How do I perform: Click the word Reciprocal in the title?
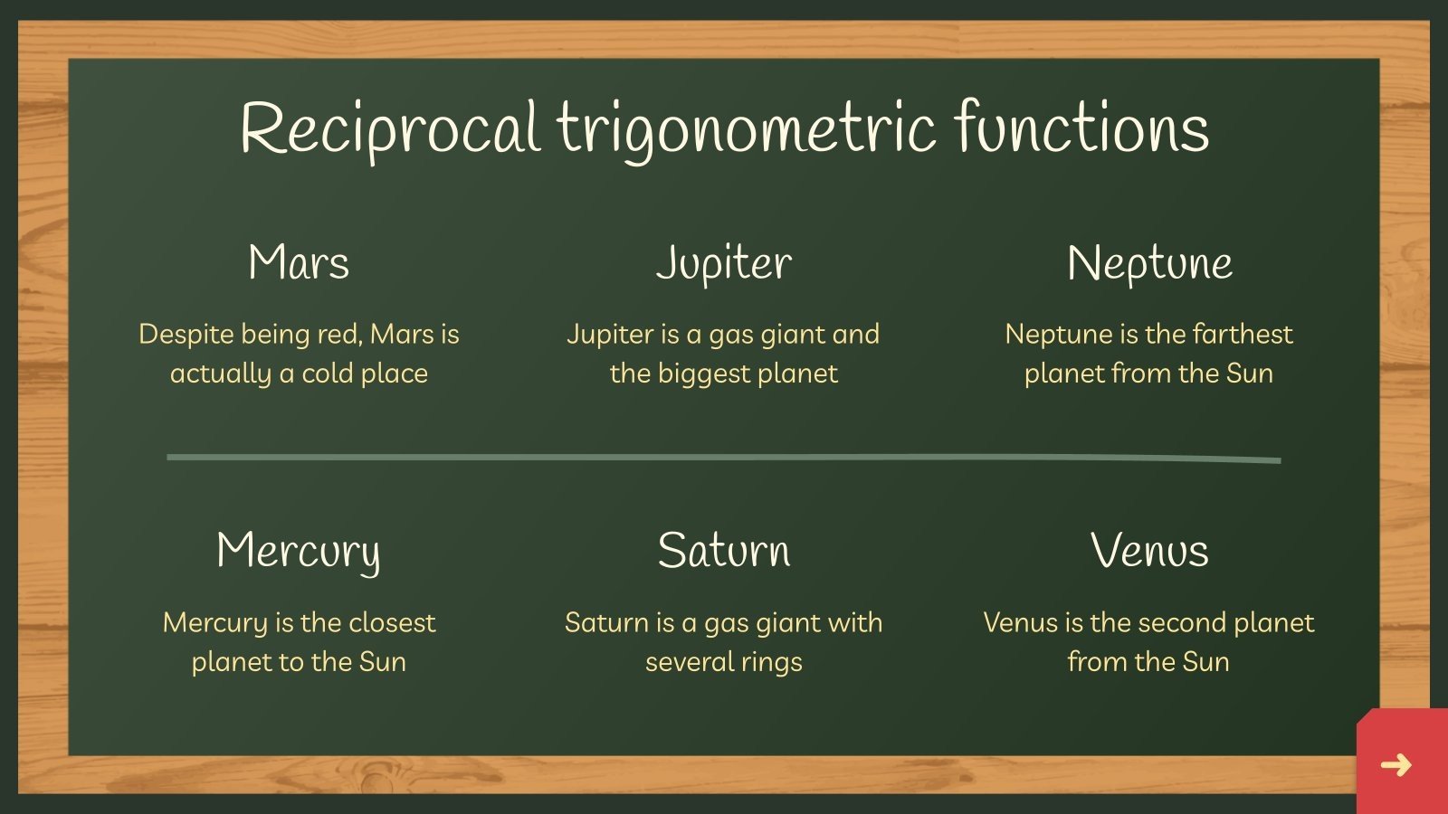[x=390, y=128]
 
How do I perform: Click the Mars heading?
[x=299, y=263]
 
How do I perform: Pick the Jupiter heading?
[x=724, y=263]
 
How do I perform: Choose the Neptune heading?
[x=1149, y=263]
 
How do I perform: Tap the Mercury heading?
[x=299, y=551]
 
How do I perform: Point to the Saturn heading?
[x=724, y=551]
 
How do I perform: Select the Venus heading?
[x=1149, y=551]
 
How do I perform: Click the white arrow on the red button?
[x=1396, y=765]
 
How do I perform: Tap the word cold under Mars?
[x=327, y=374]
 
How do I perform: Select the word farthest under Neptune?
[x=1243, y=335]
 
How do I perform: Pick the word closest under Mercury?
[x=391, y=622]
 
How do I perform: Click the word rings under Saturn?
[x=771, y=662]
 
